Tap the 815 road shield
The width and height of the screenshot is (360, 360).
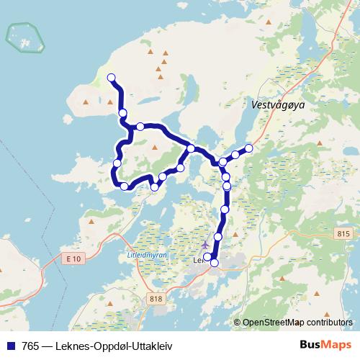[342, 234]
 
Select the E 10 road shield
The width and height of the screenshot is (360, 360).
[72, 258]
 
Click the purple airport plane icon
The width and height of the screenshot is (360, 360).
[205, 244]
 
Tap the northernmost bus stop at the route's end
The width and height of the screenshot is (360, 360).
[111, 78]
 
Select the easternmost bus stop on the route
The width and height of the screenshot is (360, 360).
[249, 148]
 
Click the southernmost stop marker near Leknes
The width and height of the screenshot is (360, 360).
[214, 264]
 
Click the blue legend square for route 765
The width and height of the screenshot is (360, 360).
[9, 345]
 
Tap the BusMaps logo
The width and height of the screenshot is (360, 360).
[325, 344]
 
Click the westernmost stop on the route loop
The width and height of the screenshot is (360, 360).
[117, 164]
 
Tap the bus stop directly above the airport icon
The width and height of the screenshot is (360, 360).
[218, 236]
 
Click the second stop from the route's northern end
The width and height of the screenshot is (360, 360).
[123, 112]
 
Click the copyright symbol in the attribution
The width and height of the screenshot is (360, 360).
[238, 323]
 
